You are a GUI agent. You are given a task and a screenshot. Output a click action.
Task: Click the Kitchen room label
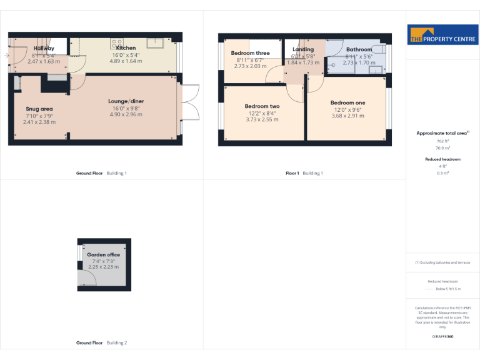126,48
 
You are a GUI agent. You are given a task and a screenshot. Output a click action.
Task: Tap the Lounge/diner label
126,101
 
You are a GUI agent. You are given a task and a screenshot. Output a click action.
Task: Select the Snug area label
39,109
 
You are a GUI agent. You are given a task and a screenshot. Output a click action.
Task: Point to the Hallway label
44,48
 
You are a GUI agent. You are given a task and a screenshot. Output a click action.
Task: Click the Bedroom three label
250,53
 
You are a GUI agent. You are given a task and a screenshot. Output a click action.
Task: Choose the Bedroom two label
262,106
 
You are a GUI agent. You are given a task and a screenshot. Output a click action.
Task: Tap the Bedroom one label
347,102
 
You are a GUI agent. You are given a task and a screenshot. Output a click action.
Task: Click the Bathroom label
359,49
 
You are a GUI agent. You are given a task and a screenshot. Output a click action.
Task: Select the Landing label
303,49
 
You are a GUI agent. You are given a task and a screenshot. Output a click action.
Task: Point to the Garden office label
104,255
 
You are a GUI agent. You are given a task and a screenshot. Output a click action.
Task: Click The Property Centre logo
442,36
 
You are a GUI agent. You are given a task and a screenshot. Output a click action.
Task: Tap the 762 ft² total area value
443,141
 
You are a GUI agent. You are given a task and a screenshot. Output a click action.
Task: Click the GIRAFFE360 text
442,337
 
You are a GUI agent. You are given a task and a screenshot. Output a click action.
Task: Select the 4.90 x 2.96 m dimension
126,114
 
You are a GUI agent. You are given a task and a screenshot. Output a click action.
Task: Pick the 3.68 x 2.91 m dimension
347,116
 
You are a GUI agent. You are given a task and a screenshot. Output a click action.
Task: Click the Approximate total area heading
442,133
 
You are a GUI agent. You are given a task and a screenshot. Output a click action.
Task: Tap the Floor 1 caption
292,172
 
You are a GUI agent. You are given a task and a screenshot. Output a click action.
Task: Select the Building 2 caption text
116,342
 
